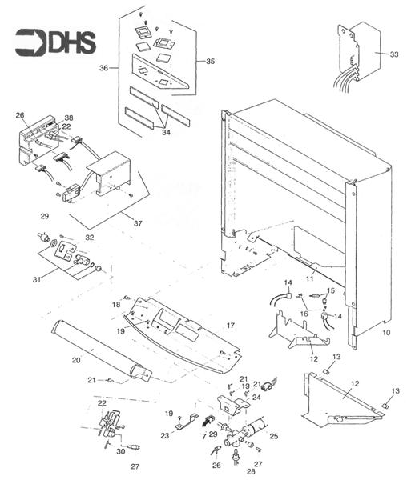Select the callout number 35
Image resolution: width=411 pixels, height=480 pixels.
point(210,61)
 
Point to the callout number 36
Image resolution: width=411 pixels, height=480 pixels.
point(103,68)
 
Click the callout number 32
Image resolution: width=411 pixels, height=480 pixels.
point(90,238)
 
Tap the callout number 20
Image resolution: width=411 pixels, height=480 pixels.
point(76,360)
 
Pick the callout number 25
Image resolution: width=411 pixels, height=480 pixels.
point(274,436)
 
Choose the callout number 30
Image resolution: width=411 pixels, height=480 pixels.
point(120,451)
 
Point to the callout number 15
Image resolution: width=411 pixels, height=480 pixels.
point(330,290)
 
